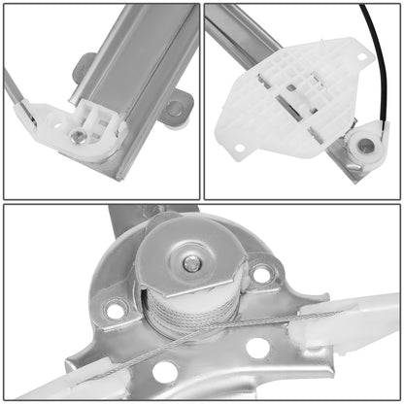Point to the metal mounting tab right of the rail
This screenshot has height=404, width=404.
coord(177,107)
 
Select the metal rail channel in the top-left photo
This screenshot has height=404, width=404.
coord(136,58)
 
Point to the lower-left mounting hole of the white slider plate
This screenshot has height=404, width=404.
coord(239,148)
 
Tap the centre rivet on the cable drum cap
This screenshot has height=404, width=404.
coord(192,263)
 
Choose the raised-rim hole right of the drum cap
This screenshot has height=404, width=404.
coord(262,274)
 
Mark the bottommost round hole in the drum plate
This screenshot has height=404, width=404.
coord(166,370)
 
